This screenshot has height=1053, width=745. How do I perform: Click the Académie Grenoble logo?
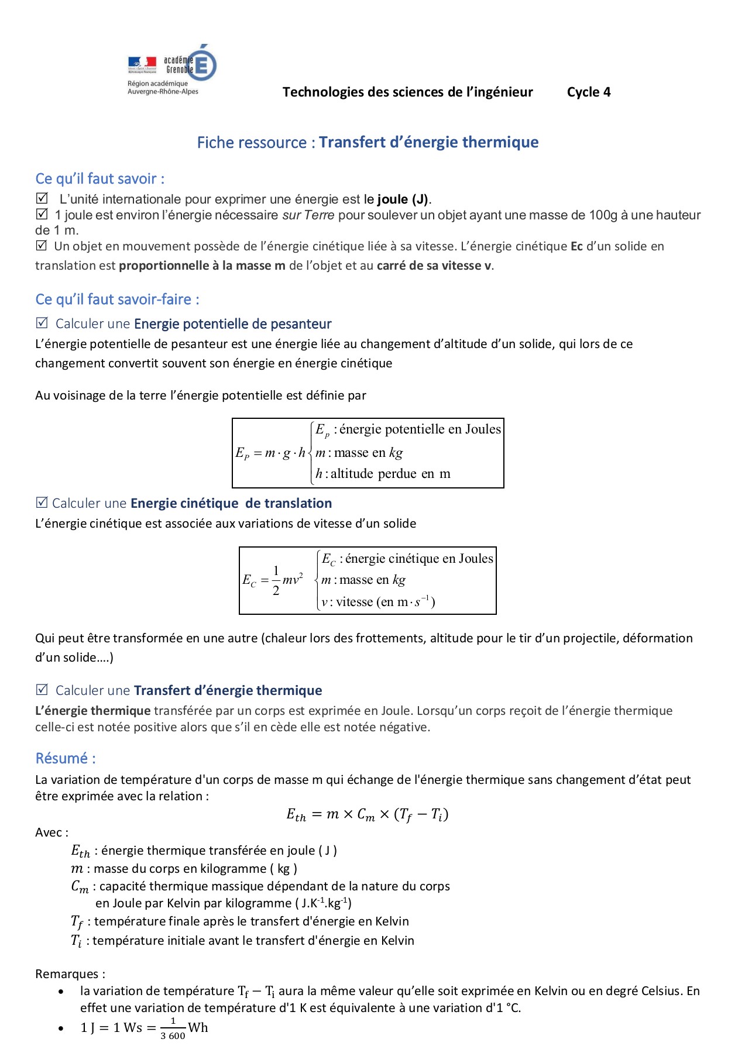click(171, 69)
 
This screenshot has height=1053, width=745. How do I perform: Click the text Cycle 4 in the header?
click(588, 92)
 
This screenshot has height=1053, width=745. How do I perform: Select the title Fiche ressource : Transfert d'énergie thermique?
click(368, 142)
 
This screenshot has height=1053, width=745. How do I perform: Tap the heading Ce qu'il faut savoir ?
click(100, 178)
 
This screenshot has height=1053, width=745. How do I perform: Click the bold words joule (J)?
click(403, 199)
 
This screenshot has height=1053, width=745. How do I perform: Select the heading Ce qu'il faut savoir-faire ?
click(117, 300)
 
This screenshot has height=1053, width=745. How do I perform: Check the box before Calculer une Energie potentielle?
click(42, 323)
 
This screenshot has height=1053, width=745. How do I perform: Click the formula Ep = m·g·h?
click(270, 453)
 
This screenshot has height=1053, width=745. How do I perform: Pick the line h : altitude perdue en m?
click(383, 474)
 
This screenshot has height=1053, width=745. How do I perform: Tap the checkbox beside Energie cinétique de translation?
click(42, 503)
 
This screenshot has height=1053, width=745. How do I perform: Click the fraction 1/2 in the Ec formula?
click(276, 580)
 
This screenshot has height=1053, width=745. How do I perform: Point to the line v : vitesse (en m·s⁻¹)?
click(378, 602)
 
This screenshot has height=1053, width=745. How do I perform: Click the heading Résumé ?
click(66, 759)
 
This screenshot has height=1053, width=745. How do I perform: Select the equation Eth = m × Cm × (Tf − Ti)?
click(367, 814)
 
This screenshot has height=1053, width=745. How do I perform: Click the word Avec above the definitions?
click(52, 832)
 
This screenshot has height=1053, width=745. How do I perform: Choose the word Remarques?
click(70, 974)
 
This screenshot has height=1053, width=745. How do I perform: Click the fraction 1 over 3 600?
click(173, 1028)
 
